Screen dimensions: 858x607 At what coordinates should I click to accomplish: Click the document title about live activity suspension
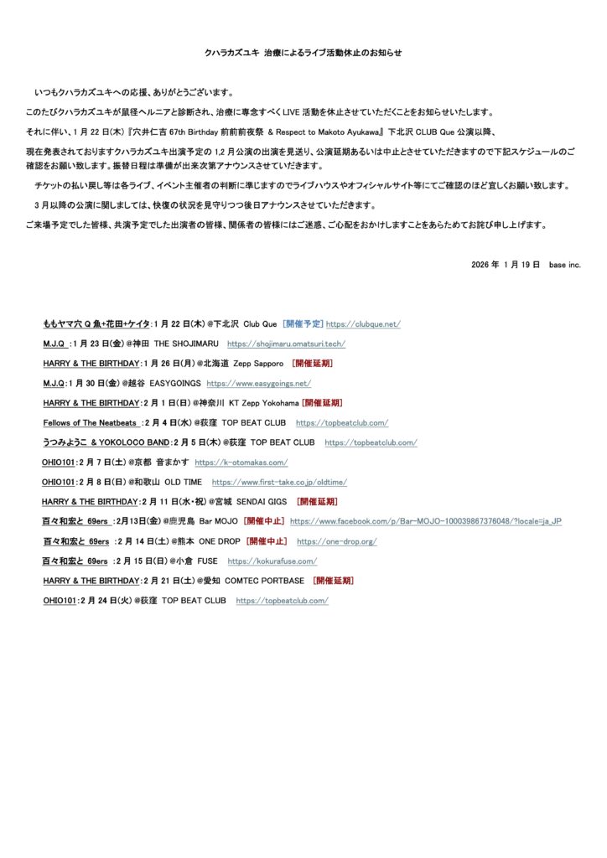303,53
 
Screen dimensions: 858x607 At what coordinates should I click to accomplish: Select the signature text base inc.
565,264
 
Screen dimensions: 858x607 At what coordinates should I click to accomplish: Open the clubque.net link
363,324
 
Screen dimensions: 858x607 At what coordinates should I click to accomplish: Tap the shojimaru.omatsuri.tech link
286,344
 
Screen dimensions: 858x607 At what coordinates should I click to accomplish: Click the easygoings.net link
258,384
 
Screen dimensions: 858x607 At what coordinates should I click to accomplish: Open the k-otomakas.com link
241,463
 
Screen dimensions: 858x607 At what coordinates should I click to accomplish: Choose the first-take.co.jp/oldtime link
279,483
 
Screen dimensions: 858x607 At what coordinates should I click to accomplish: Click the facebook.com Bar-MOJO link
426,521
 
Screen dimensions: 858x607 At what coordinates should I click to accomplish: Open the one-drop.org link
337,542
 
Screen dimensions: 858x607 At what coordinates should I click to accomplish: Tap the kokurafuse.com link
272,561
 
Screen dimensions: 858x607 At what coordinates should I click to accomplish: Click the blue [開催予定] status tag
303,324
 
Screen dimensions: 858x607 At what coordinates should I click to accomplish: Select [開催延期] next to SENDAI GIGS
317,502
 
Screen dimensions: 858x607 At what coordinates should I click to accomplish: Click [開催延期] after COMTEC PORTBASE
333,581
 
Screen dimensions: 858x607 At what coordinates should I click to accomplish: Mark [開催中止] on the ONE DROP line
267,542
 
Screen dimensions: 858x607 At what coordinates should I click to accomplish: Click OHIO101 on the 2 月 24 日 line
59,601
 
